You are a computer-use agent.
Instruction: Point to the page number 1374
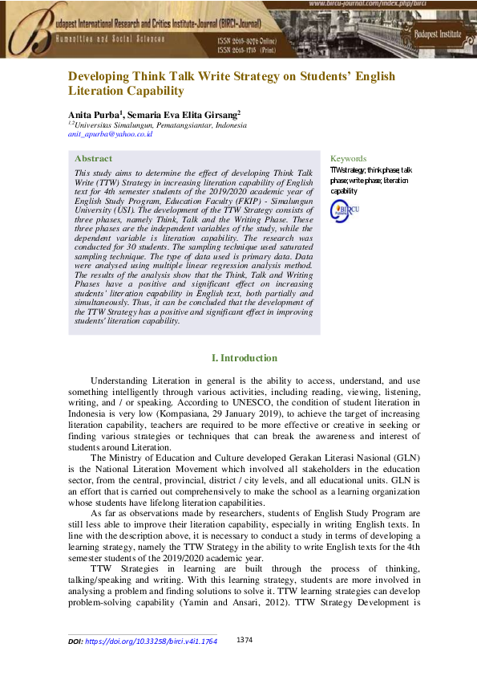click(x=245, y=639)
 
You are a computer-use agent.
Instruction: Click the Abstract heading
click(x=93, y=159)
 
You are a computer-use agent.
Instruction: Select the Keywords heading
click(x=348, y=159)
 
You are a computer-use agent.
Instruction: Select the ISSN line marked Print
click(x=251, y=48)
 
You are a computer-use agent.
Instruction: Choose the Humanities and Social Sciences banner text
click(x=110, y=39)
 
